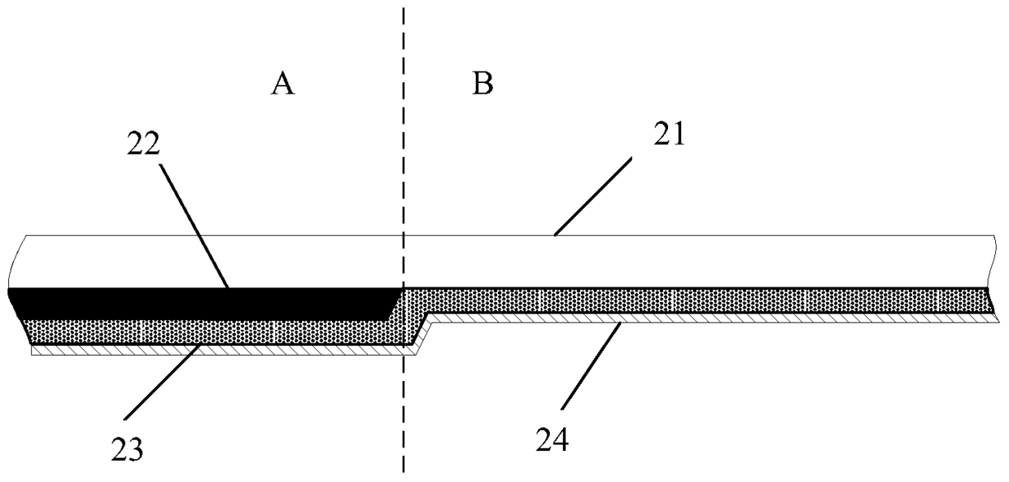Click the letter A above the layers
point(283,85)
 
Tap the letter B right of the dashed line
point(483,83)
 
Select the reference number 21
point(669,134)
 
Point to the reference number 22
point(143,144)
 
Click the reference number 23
point(127,449)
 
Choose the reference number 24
point(552,440)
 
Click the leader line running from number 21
point(592,196)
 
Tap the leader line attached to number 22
point(194,226)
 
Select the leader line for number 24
point(591,366)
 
